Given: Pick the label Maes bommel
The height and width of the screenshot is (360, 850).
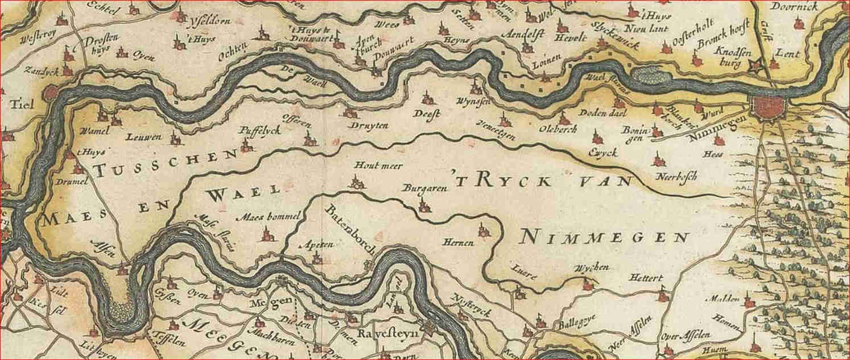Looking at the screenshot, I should [263, 216].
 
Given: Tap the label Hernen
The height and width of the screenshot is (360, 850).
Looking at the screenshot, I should [460, 243].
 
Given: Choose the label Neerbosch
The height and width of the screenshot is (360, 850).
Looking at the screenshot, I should [676, 176].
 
